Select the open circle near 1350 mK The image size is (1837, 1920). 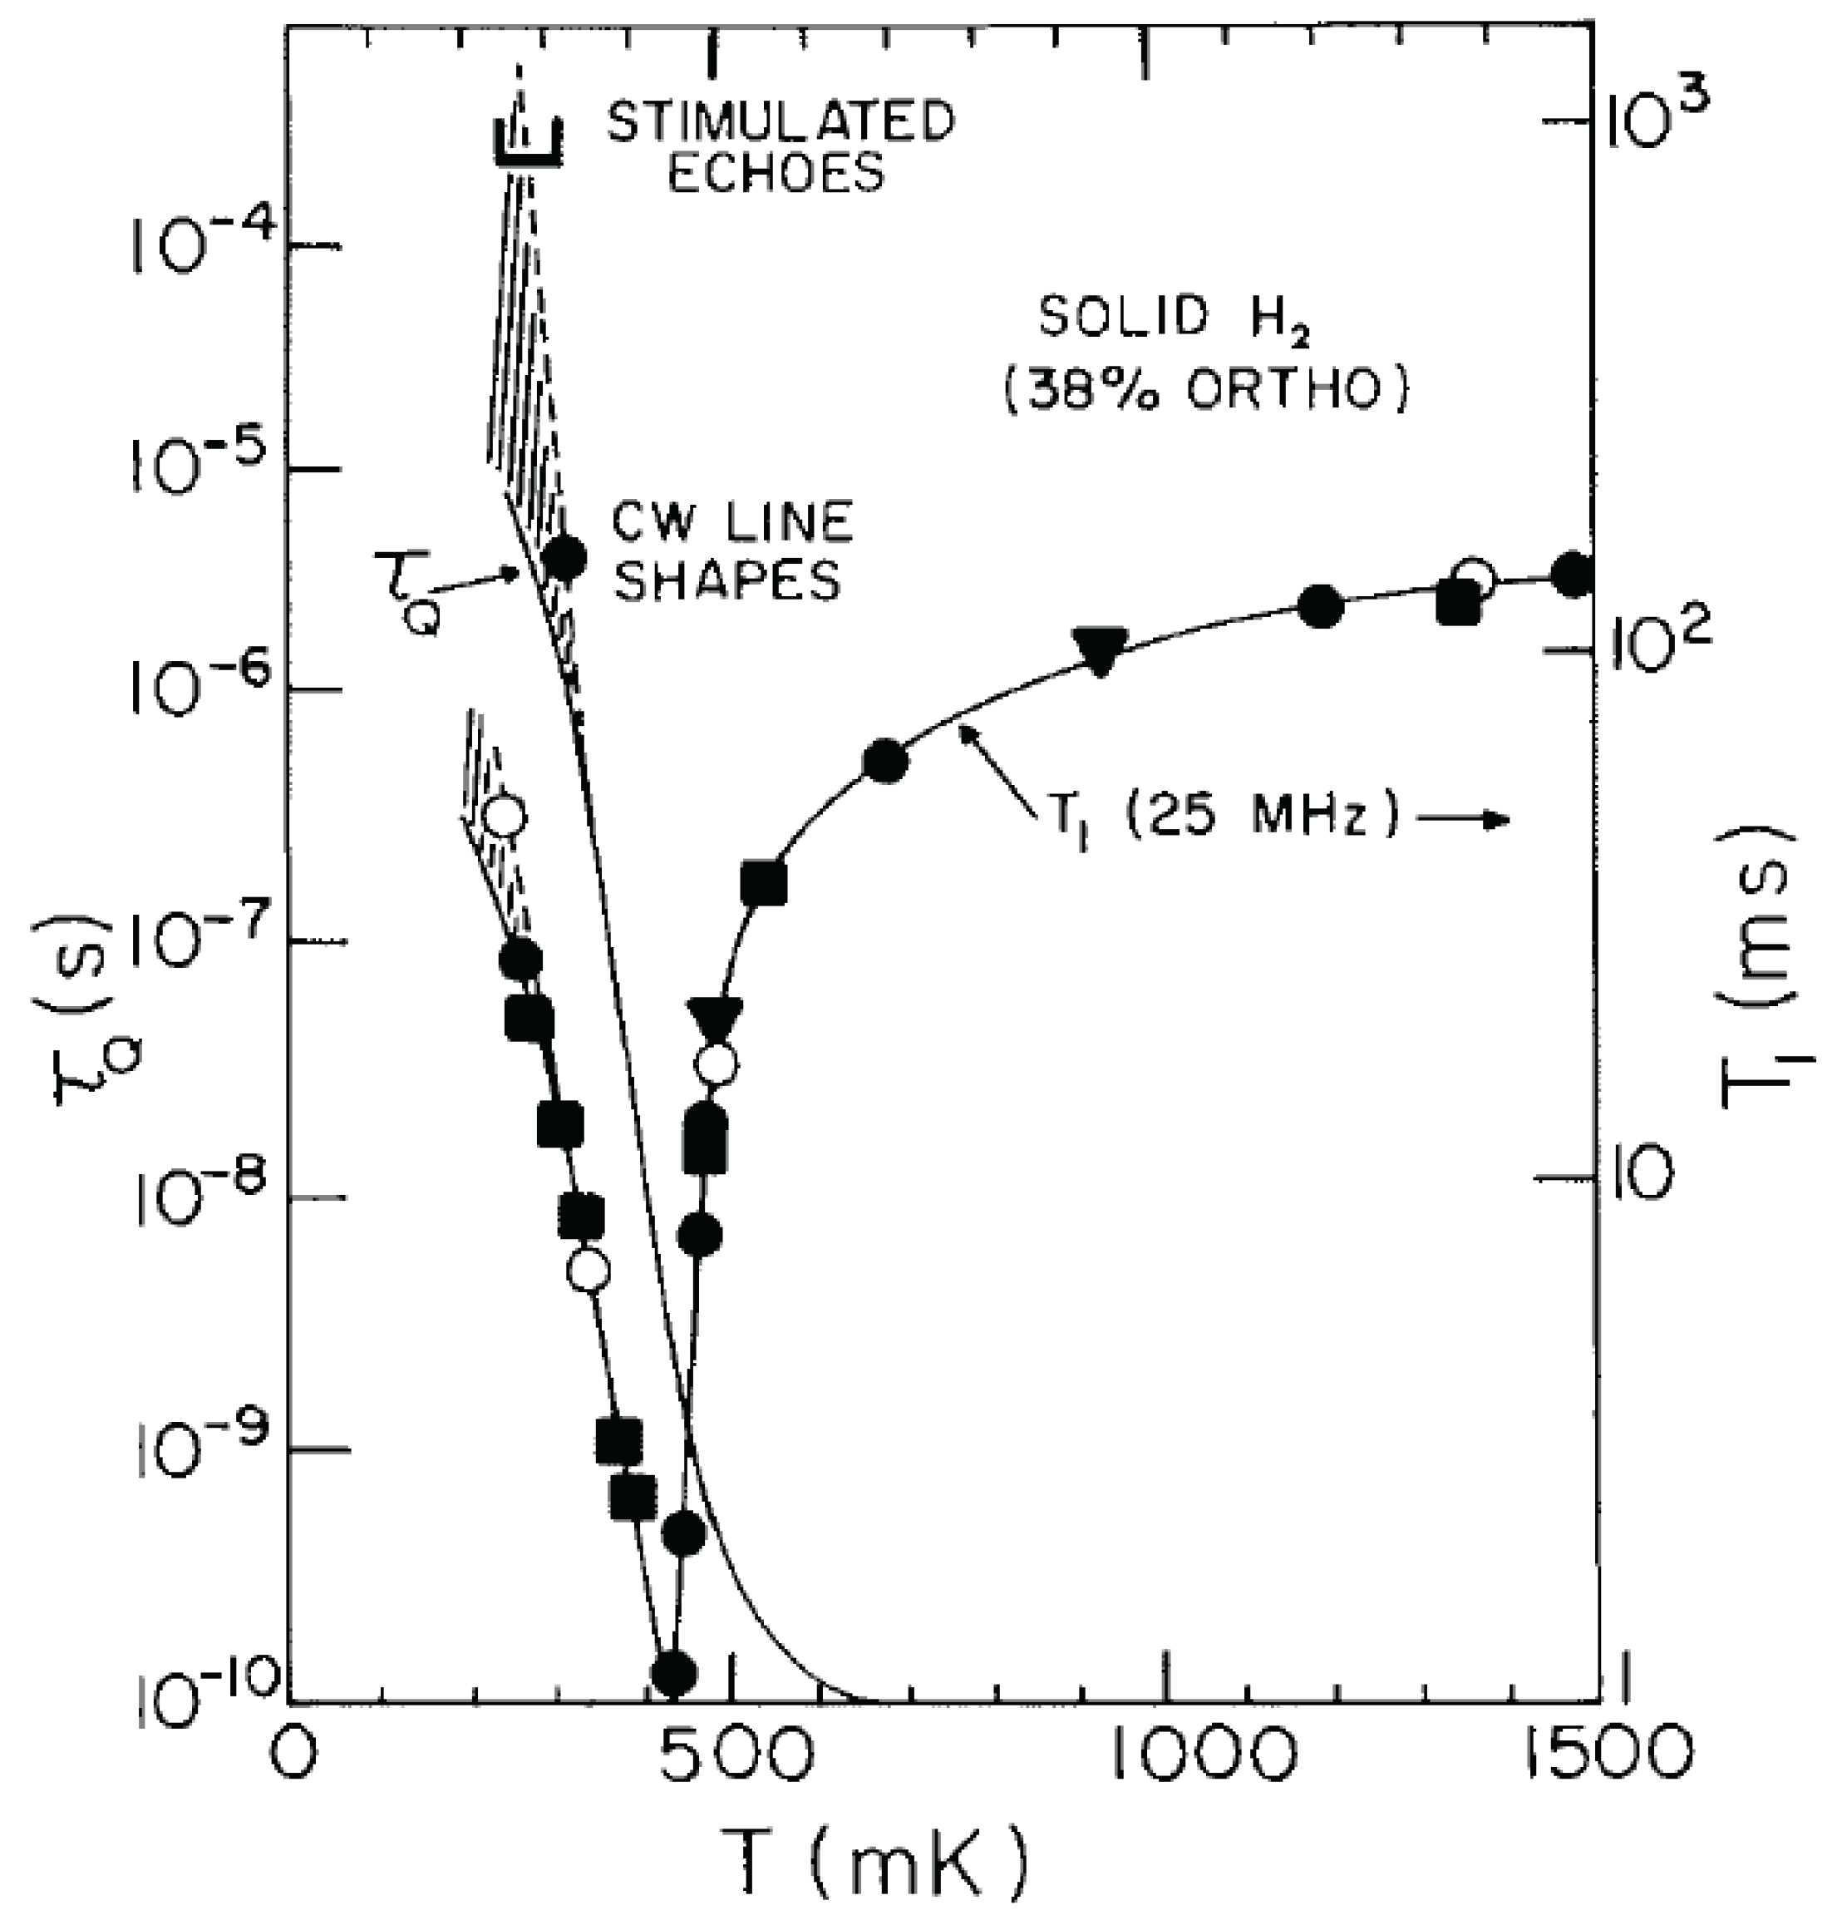(x=1473, y=579)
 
